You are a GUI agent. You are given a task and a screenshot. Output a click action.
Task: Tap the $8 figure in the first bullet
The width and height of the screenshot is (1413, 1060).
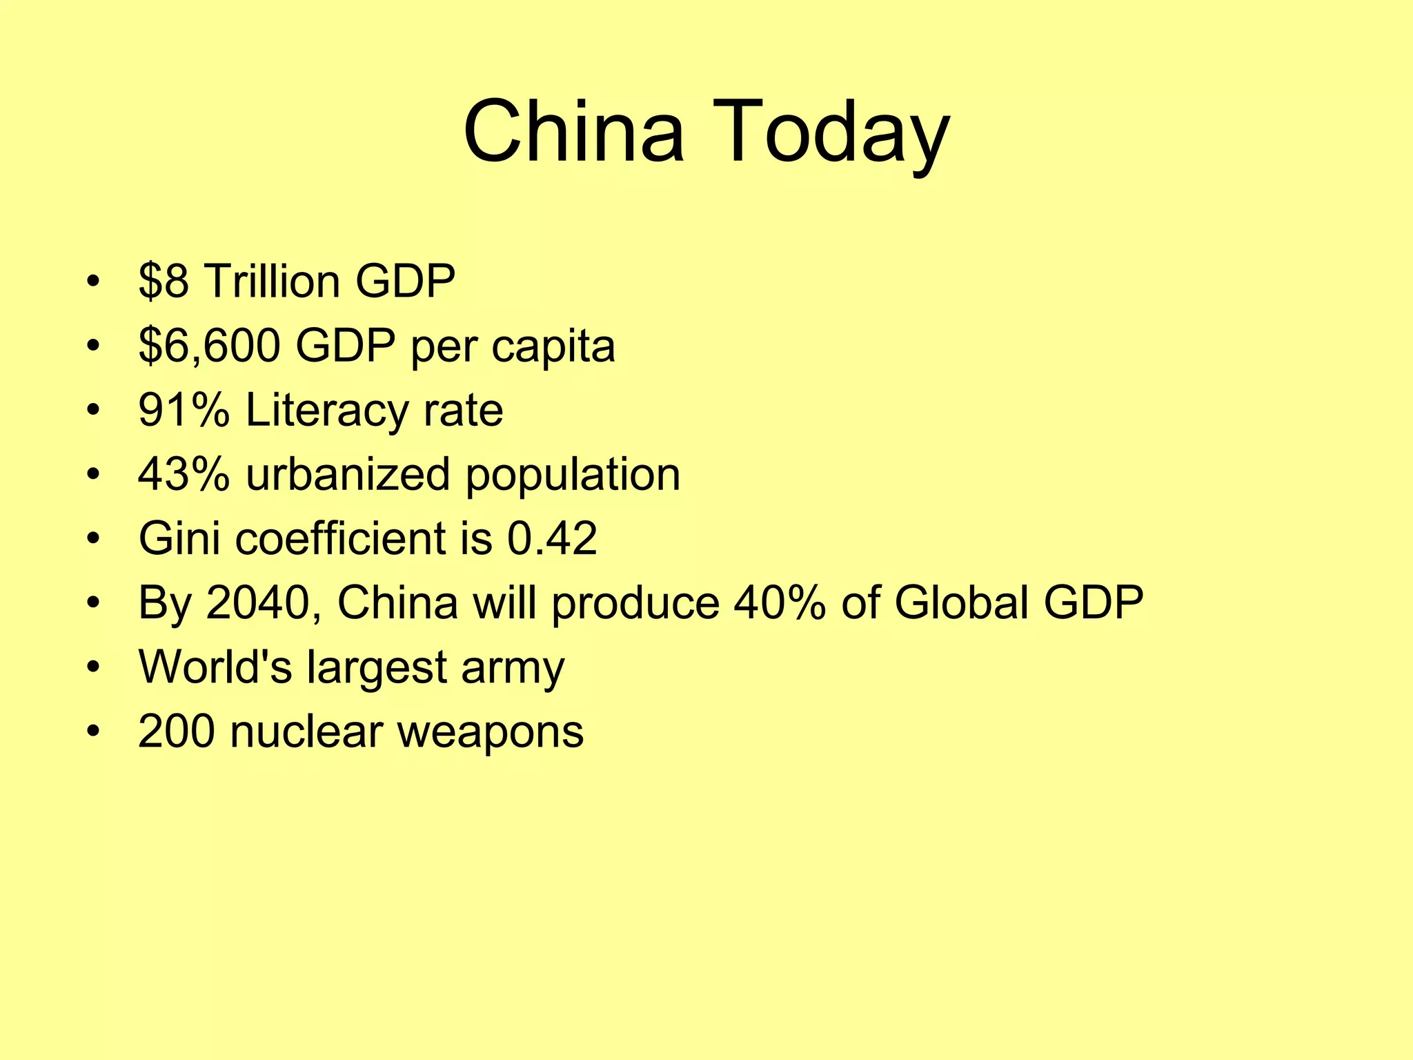[x=163, y=281]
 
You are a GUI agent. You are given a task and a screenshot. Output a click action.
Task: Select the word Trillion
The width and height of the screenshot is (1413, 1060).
[x=272, y=281]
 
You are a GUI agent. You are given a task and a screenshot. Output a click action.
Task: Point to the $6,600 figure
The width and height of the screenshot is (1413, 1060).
[x=209, y=345]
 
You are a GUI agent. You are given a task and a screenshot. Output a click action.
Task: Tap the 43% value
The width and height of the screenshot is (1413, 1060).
[x=184, y=474]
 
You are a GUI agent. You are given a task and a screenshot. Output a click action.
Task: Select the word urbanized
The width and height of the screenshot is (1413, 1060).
[x=348, y=474]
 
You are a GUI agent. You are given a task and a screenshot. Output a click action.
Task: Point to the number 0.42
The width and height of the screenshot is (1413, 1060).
[x=552, y=538]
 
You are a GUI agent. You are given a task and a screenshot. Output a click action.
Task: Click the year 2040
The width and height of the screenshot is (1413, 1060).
[x=257, y=602]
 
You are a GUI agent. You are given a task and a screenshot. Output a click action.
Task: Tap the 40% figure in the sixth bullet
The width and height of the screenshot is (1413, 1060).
[x=780, y=602]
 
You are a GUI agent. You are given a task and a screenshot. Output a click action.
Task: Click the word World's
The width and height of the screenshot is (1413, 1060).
[x=215, y=667]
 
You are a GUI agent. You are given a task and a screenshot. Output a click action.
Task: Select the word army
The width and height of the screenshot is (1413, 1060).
[x=513, y=669]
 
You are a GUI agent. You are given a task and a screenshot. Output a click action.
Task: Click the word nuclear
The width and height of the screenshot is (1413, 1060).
[x=306, y=732]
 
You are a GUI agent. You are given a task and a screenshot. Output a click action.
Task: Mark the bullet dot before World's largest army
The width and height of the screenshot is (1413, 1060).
[x=94, y=667]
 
